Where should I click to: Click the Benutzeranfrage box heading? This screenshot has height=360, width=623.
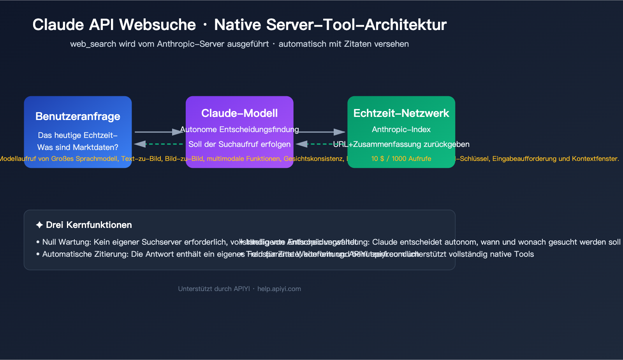pos(78,116)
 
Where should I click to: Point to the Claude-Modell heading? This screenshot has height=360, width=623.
pos(239,113)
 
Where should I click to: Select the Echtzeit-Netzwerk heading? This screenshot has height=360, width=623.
pos(401,113)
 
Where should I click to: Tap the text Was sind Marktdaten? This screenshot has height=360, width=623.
pos(78,147)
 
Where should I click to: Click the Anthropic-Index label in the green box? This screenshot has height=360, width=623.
pos(401,129)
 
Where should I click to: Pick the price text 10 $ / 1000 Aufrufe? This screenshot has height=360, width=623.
pos(401,159)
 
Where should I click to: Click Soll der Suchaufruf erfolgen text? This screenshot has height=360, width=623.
pos(239,144)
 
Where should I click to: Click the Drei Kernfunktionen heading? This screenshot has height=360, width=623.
pos(89,225)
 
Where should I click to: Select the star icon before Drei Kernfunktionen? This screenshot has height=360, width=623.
pos(39,225)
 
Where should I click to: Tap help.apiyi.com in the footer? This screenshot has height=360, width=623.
pos(279,289)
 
